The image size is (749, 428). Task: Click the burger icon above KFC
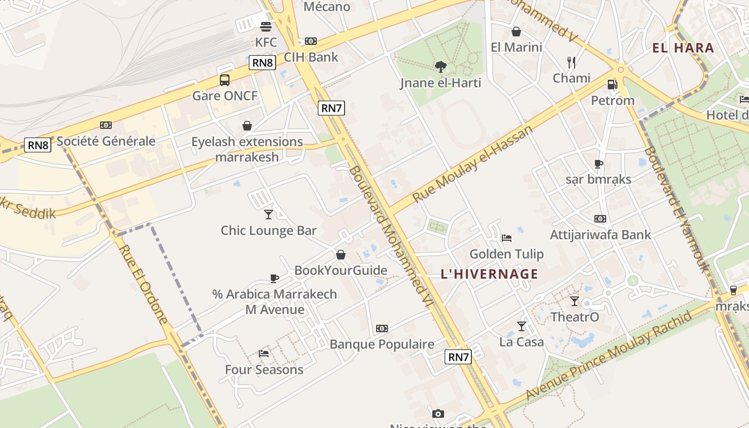pos(265,26)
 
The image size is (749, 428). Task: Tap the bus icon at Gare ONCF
pos(225,80)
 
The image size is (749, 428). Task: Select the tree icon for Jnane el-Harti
pos(441,67)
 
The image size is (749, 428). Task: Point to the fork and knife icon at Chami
pos(571,63)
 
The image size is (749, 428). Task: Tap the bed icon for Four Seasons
pos(264,354)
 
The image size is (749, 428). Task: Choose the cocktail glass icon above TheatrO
pos(575,301)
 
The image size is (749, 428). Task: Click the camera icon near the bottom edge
pos(438,414)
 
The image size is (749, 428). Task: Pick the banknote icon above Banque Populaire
pos(381,328)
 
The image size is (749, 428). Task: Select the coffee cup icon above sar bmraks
pos(599,164)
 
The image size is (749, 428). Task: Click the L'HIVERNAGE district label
pos(490,274)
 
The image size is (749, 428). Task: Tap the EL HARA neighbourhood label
pos(683,48)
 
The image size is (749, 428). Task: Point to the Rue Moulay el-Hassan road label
pos(473,164)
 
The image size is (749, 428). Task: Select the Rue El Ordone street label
pos(143,285)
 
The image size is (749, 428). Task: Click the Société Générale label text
pos(106,141)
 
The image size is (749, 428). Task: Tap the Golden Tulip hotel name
pos(506,254)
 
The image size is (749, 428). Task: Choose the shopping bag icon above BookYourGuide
pos(341,255)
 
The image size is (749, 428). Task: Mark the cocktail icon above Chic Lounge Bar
pos(269,215)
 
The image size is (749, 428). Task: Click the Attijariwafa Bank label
pos(600,234)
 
